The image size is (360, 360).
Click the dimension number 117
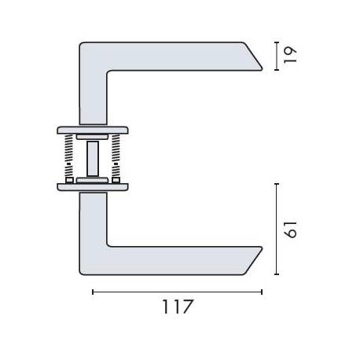point(177,307)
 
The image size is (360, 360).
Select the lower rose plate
point(93,187)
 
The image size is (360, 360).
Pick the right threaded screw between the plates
point(116,156)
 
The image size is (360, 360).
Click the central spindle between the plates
point(94,157)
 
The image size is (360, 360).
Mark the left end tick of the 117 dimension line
point(93,292)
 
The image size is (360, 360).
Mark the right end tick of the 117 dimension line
point(262,292)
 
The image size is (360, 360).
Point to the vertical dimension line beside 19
point(276,55)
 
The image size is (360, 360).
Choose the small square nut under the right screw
point(116,180)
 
